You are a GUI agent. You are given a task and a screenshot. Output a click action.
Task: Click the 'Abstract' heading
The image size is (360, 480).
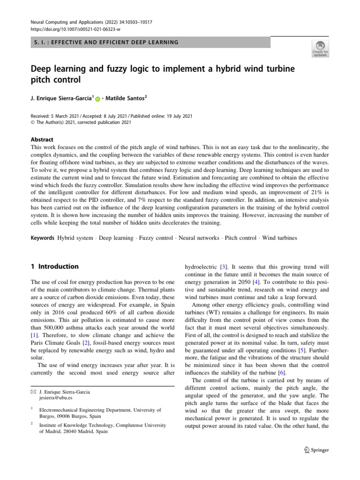pos(42,139)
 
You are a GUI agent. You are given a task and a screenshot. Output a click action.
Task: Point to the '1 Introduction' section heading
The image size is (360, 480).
pos(54,267)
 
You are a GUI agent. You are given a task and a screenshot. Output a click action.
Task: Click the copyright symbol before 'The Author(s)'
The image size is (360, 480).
pos(33,122)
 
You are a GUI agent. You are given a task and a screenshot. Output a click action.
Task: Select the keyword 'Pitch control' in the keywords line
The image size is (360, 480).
pos(240,238)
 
